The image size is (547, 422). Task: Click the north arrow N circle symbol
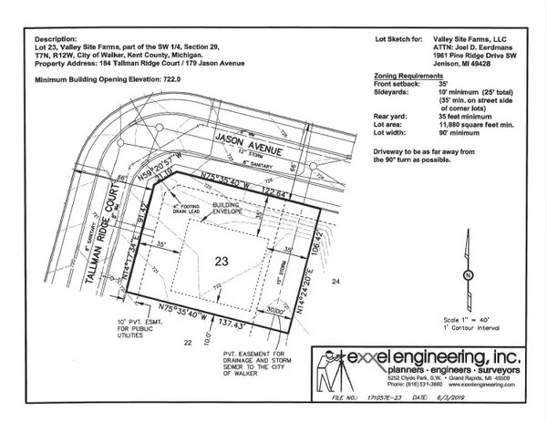[x=468, y=274]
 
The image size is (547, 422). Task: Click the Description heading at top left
[x=56, y=40]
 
